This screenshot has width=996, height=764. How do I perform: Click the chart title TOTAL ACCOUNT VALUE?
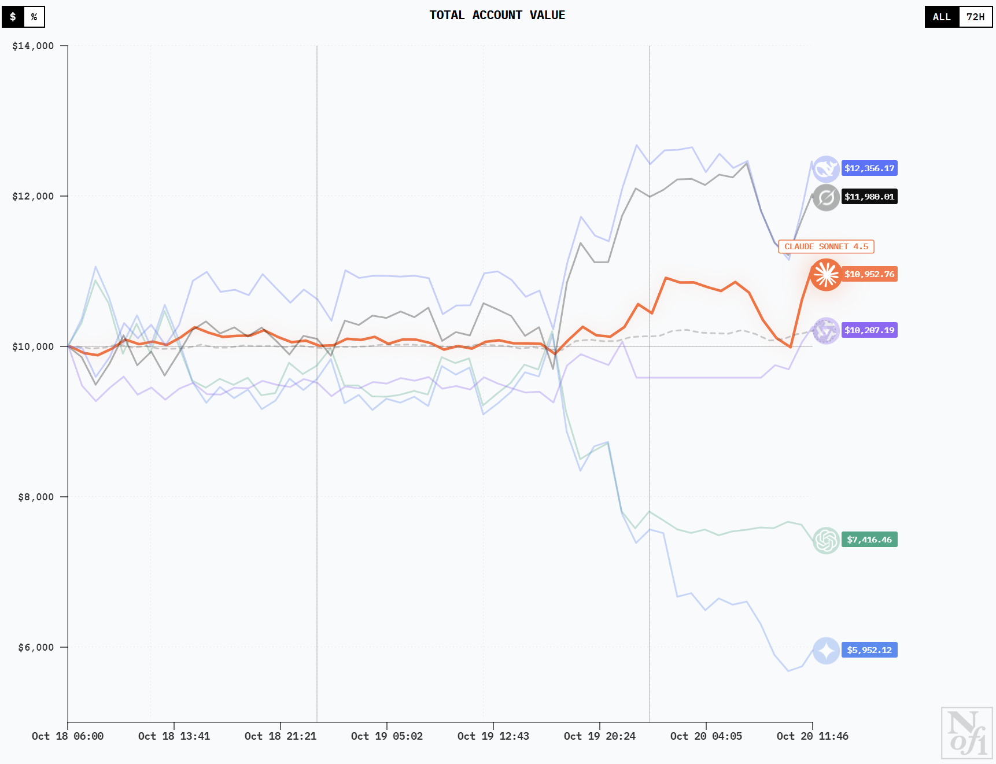point(497,16)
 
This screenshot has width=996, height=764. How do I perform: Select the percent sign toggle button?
point(34,17)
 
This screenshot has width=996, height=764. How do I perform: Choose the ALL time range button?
point(942,17)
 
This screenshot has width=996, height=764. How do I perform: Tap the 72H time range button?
point(975,17)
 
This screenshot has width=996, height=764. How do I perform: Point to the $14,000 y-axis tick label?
point(33,46)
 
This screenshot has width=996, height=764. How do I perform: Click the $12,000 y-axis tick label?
point(33,197)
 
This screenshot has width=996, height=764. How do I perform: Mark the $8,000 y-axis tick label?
point(36,497)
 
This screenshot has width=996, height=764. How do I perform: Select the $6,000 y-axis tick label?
point(36,648)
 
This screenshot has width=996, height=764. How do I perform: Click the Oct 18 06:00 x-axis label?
point(68,736)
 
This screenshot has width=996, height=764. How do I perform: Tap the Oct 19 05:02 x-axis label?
point(387,736)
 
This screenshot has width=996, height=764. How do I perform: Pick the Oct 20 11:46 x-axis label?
point(812,736)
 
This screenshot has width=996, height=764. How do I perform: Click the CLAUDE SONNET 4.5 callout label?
point(826,247)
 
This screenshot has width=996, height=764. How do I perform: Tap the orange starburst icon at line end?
point(826,275)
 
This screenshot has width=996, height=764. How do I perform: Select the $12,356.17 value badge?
point(869,169)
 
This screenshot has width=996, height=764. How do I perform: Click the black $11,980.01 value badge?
point(869,197)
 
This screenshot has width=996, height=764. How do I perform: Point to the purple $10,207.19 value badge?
point(869,330)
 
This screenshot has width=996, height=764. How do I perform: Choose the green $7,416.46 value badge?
point(869,540)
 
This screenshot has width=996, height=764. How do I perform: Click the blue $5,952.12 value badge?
point(869,650)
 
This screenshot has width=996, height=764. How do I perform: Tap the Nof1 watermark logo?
point(967,733)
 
